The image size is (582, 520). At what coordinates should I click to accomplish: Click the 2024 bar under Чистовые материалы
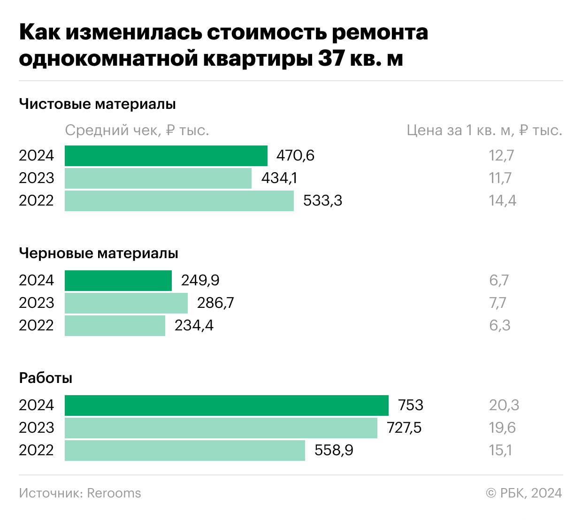click(x=166, y=156)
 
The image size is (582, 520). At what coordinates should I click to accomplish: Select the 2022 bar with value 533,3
click(x=179, y=201)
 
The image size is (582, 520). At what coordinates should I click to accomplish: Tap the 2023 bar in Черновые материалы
click(x=126, y=303)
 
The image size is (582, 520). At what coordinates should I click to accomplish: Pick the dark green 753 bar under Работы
click(x=226, y=405)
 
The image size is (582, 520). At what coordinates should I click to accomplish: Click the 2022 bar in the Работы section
click(x=184, y=451)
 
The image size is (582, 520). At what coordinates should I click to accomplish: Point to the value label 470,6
click(x=295, y=156)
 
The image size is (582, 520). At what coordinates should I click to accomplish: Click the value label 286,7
click(x=215, y=303)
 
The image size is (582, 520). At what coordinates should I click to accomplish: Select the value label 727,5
click(x=404, y=428)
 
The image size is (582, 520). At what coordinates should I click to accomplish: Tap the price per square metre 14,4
click(x=502, y=201)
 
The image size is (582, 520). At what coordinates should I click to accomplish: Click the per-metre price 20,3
click(x=504, y=405)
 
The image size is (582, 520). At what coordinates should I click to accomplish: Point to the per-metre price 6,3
click(x=499, y=326)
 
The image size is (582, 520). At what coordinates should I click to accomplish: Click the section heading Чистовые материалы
click(x=97, y=104)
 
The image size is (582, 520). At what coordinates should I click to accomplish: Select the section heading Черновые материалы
click(x=99, y=253)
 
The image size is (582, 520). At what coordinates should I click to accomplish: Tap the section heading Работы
click(x=46, y=378)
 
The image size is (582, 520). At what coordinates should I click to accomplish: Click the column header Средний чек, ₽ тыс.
click(x=137, y=130)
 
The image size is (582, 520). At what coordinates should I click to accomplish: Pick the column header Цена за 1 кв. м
click(x=484, y=130)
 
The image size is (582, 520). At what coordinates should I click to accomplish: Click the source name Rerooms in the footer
click(x=114, y=493)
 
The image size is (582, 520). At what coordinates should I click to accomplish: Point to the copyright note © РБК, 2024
click(x=524, y=493)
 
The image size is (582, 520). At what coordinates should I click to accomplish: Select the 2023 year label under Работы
click(x=37, y=428)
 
